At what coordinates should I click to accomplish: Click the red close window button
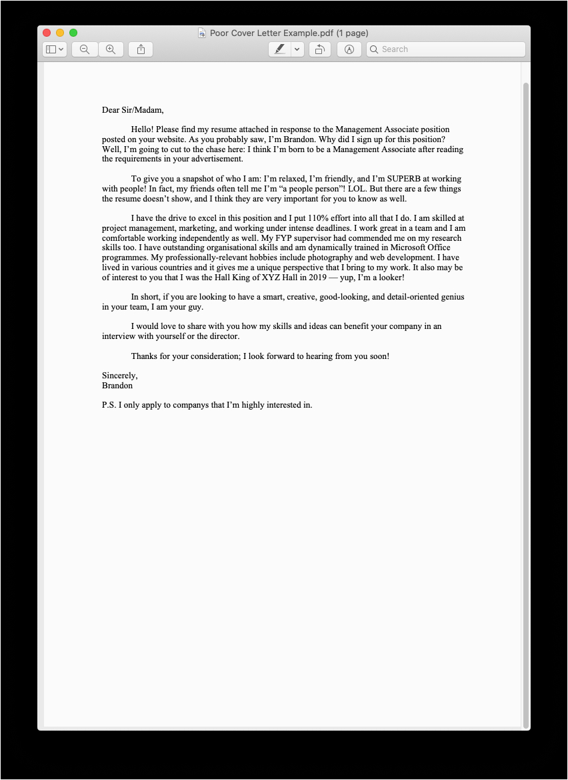click(x=47, y=33)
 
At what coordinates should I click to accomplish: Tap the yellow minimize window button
click(x=60, y=33)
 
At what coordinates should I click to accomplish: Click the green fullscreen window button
click(x=73, y=33)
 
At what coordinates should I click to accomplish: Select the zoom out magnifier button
click(x=85, y=49)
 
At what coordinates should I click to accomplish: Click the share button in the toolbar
click(x=141, y=49)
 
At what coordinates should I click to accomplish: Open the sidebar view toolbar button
click(x=55, y=49)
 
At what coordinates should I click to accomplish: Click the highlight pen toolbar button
click(x=280, y=49)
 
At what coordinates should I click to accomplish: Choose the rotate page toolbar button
click(x=320, y=49)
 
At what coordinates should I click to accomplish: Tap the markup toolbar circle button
click(x=349, y=49)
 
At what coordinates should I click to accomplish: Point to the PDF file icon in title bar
click(x=202, y=33)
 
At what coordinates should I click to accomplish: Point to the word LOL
click(x=357, y=189)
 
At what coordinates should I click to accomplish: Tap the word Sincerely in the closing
click(x=119, y=376)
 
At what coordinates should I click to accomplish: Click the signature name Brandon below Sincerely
click(x=117, y=386)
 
